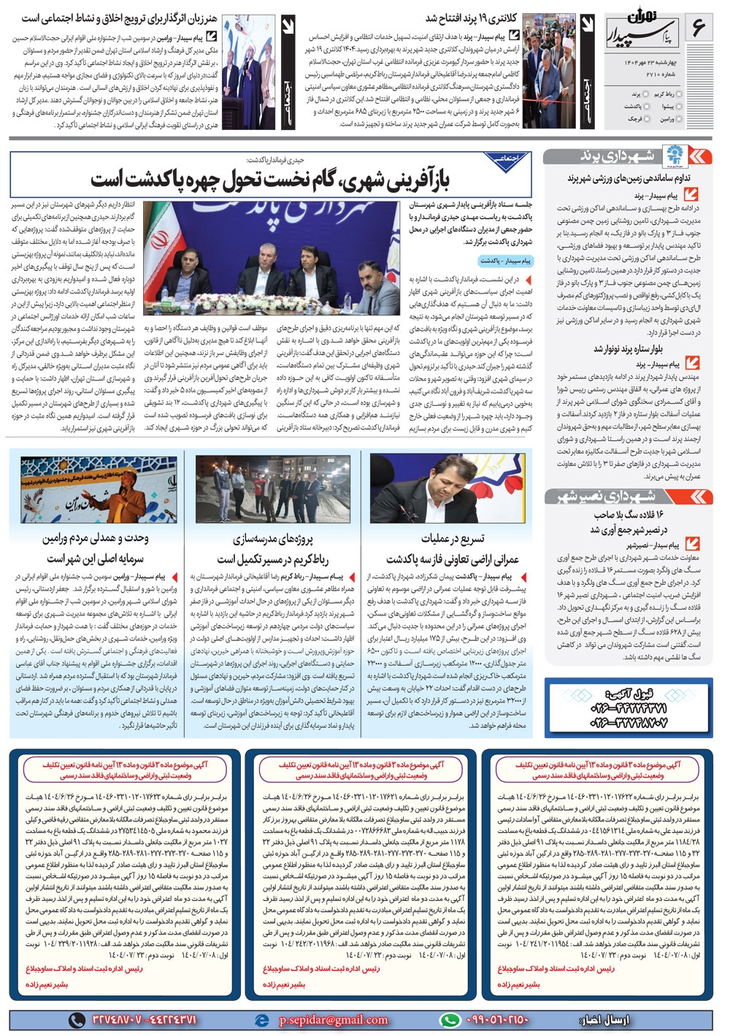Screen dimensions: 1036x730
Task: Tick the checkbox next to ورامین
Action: pos(679,118)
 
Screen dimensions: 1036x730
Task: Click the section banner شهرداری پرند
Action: pos(628,156)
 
